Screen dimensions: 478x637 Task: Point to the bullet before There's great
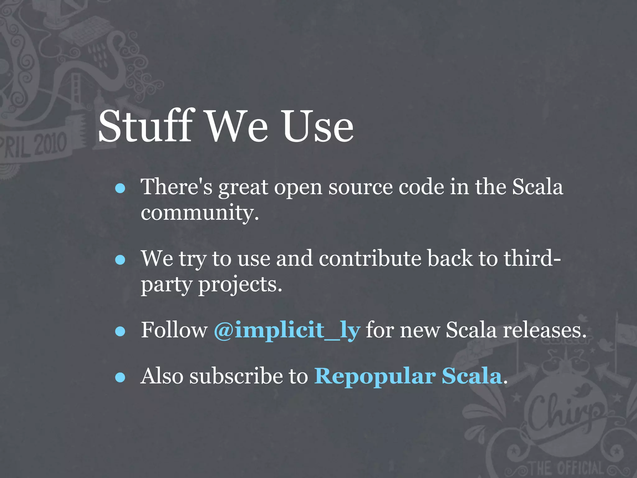coord(120,188)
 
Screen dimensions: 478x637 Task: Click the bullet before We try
coord(120,260)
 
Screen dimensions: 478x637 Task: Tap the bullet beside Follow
coord(120,331)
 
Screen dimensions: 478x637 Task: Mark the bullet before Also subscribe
coord(120,377)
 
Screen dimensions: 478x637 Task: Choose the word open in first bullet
coord(298,188)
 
